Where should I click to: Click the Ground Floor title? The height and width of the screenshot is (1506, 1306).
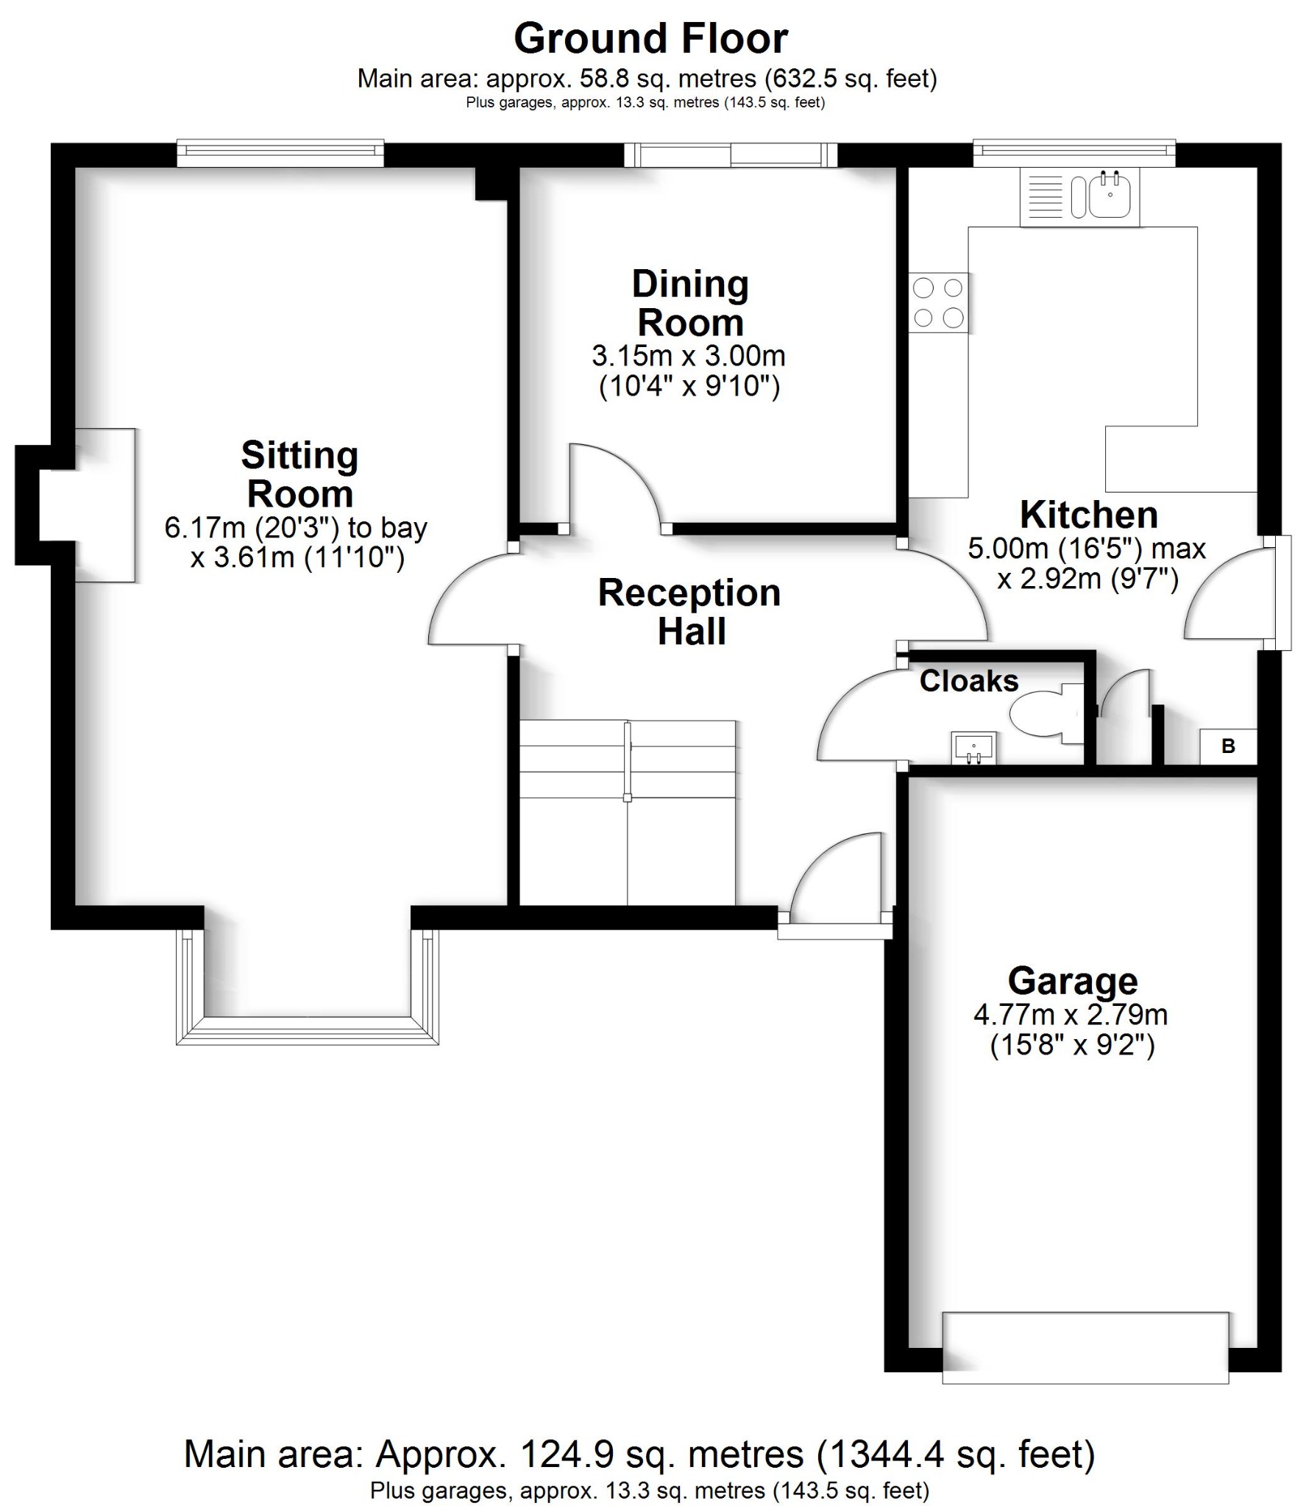pos(650,39)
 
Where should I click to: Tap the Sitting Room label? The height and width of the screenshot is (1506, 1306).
pos(299,474)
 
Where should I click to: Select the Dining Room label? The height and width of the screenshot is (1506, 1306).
pos(690,303)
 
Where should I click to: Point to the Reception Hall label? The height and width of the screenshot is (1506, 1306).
pos(689,612)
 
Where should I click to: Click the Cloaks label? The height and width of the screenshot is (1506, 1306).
pos(968,682)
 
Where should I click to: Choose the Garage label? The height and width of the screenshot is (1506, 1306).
pos(1072,981)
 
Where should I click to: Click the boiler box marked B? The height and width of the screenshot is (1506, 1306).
pos(1228,746)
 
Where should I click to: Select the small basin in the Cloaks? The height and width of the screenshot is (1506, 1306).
pos(974,748)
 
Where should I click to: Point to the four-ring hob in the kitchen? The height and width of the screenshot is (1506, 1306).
pos(938,302)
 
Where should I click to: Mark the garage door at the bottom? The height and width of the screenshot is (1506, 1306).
pos(1085,1347)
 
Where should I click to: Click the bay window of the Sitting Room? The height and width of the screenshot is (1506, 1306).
pos(307,1029)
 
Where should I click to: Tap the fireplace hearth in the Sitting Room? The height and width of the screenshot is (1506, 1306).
pos(104,505)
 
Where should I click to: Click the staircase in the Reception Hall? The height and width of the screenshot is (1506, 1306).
pos(627,813)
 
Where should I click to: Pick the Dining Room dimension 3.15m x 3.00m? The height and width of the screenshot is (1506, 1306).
pos(689,357)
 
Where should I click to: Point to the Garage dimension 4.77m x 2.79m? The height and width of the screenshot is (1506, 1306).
pos(1071,1016)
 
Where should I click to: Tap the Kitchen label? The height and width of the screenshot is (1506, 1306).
pos(1089,515)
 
